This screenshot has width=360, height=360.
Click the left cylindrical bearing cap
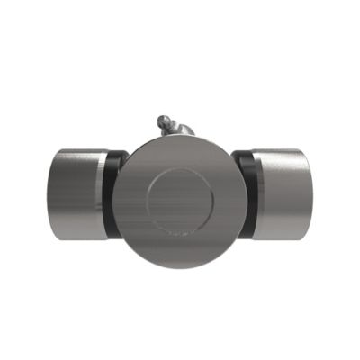76,194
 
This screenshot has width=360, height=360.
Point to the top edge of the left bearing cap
76,149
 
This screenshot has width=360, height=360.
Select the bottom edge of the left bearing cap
76,239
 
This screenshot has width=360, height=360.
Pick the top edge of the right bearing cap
283,149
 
